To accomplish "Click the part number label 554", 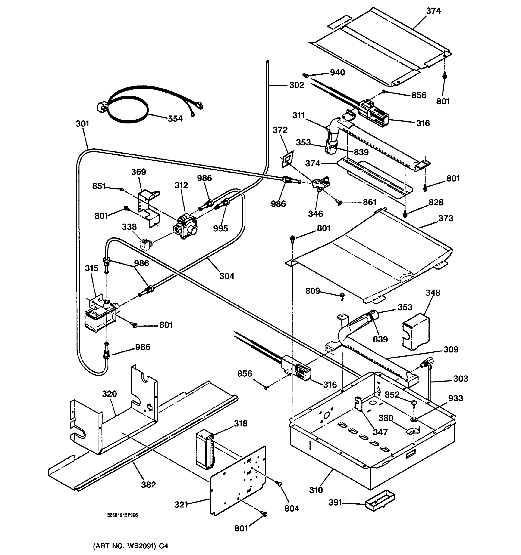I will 175,119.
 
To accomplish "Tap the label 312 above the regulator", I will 181,185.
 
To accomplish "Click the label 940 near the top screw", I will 337,73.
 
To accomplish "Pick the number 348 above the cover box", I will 433,293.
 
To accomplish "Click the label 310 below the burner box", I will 316,490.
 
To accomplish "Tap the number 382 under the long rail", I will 148,485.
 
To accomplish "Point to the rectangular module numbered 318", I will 205,450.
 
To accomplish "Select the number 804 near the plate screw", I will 292,509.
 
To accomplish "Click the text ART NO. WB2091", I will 130,546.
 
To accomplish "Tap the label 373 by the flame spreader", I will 446,218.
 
